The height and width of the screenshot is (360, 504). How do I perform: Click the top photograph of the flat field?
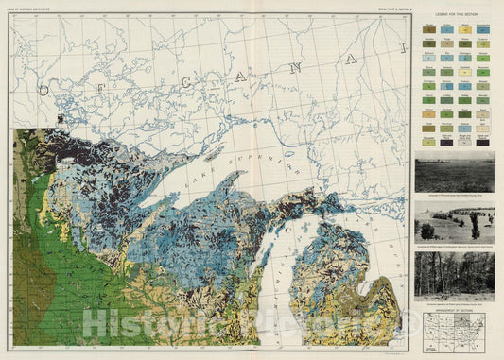point(453,172)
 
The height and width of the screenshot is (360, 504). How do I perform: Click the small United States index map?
point(453,326)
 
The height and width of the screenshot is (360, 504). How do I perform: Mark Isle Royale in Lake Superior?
point(214,154)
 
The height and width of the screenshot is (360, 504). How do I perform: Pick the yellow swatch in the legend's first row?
point(464,31)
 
